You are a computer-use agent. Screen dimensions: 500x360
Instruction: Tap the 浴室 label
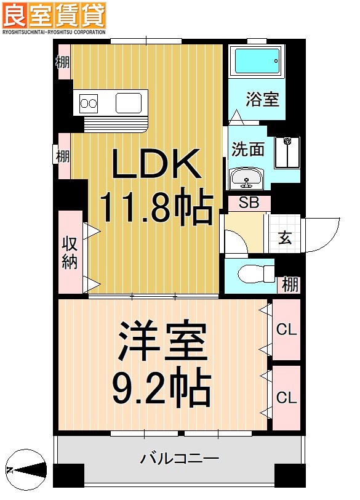263,100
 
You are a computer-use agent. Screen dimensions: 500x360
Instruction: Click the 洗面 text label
248,150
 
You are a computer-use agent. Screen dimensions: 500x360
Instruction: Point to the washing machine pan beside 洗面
287,151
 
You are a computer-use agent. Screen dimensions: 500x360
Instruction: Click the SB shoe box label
249,202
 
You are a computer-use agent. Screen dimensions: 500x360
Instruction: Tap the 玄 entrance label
285,237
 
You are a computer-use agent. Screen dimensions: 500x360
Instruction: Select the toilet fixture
254,272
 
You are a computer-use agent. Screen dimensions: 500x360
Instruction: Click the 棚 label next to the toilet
290,284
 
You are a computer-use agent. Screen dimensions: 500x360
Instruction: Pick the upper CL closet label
286,330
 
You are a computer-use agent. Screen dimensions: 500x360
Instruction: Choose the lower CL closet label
286,398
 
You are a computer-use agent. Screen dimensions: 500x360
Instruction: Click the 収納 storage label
69,252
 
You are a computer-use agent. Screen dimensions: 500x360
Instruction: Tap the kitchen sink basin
130,102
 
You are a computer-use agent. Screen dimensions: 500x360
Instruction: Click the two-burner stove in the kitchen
89,103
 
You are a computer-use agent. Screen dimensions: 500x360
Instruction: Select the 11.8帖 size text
156,208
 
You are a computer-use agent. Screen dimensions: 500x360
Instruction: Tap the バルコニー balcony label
179,459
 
